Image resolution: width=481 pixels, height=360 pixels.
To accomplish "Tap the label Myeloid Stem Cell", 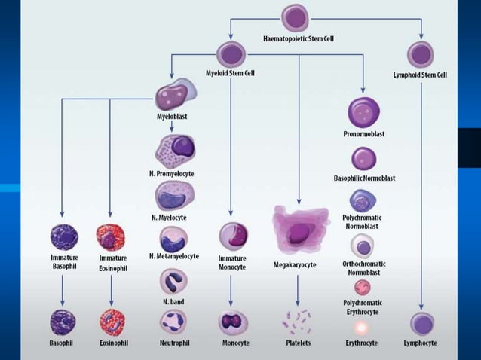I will pyautogui.click(x=230, y=73).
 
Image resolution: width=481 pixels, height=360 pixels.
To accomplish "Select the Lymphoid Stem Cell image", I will pyautogui.click(x=420, y=54).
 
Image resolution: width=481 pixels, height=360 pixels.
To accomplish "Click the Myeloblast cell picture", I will pyautogui.click(x=173, y=96).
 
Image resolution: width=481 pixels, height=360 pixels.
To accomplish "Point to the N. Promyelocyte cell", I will pyautogui.click(x=174, y=149).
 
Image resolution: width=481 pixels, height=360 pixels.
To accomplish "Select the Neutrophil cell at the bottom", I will pyautogui.click(x=173, y=322).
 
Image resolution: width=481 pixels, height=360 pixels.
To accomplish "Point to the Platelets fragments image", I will pyautogui.click(x=299, y=322).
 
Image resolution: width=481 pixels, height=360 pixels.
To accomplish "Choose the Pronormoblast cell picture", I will pyautogui.click(x=363, y=113).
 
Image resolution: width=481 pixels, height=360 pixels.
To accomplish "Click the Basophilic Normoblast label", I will pyautogui.click(x=364, y=178).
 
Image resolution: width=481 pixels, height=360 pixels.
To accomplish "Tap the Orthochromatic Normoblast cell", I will pyautogui.click(x=363, y=246).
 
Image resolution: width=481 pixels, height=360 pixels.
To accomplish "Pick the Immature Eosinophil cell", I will pyautogui.click(x=111, y=237).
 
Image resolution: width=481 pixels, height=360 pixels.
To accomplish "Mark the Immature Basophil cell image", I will pyautogui.click(x=63, y=237).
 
